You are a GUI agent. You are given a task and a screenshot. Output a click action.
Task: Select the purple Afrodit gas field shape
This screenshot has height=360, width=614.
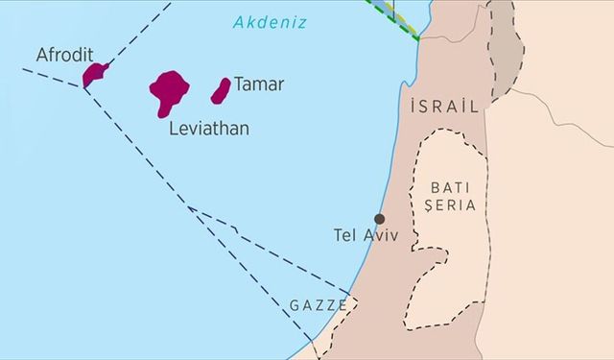click(94, 74)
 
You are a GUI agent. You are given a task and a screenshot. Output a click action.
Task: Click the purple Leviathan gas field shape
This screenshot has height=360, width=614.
click(168, 91)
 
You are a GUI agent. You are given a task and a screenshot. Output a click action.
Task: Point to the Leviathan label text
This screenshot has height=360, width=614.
click(208, 128)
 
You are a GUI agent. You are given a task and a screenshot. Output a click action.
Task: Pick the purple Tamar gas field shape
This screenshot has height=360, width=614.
click(221, 90)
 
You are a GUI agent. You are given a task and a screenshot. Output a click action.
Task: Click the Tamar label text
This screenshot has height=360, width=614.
click(259, 84)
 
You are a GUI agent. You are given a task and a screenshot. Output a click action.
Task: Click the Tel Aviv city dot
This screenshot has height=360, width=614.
click(380, 219)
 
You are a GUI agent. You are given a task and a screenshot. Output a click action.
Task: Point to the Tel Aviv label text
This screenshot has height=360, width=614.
click(364, 235)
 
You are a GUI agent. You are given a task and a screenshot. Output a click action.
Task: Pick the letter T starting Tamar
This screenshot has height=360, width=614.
click(239, 84)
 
